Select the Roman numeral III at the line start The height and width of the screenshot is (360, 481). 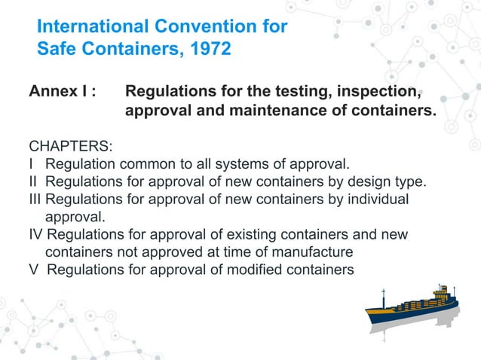click(x=36, y=200)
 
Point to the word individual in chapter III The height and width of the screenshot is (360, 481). click(x=374, y=200)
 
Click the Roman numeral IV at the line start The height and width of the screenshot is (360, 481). click(x=38, y=235)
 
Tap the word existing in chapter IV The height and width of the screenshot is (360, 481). click(x=234, y=235)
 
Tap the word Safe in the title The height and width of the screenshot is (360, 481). click(x=58, y=51)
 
